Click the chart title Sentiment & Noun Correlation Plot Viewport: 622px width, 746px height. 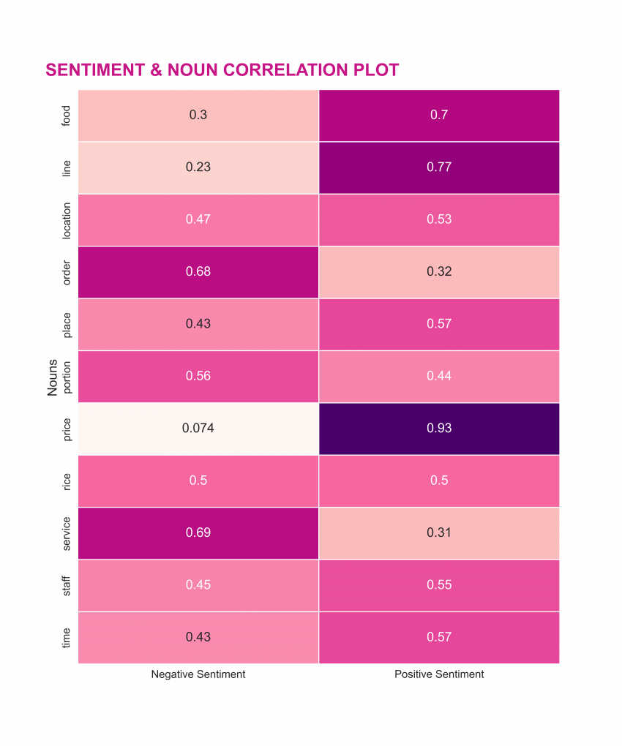pos(222,70)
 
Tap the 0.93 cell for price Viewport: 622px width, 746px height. pos(439,428)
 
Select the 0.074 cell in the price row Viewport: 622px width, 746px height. pos(198,428)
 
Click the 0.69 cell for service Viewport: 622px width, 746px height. pos(198,532)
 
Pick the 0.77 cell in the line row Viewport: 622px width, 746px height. pos(439,167)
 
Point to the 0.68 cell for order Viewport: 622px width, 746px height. pos(198,271)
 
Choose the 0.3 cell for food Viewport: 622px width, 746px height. pos(198,115)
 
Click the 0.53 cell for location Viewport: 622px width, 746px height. pos(439,219)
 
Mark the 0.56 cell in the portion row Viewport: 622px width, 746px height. pos(198,376)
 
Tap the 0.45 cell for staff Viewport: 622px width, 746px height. pos(198,584)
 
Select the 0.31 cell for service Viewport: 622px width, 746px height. pos(439,532)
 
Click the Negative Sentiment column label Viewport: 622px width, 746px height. pos(198,674)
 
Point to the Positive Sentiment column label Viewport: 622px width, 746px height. pos(439,674)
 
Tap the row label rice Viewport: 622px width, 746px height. pos(67,481)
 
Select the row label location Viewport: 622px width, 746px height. pos(67,219)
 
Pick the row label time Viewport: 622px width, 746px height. pos(67,637)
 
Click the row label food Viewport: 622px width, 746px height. pos(67,116)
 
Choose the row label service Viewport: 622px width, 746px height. pos(67,532)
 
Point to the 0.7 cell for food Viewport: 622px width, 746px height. pos(439,115)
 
